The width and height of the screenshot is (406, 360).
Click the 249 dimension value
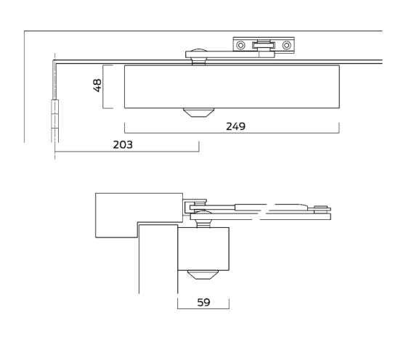(235, 126)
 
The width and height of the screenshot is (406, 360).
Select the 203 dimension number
(123, 144)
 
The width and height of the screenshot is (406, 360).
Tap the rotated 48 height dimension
(97, 86)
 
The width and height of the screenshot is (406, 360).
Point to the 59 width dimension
(203, 302)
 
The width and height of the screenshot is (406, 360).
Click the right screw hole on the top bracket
(286, 46)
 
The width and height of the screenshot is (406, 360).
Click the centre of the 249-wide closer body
(232, 86)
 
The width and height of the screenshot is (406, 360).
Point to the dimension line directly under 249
(232, 133)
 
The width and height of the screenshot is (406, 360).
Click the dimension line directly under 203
(126, 152)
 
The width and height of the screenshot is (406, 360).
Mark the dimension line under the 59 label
(203, 308)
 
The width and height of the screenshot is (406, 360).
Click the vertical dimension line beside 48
(104, 86)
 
